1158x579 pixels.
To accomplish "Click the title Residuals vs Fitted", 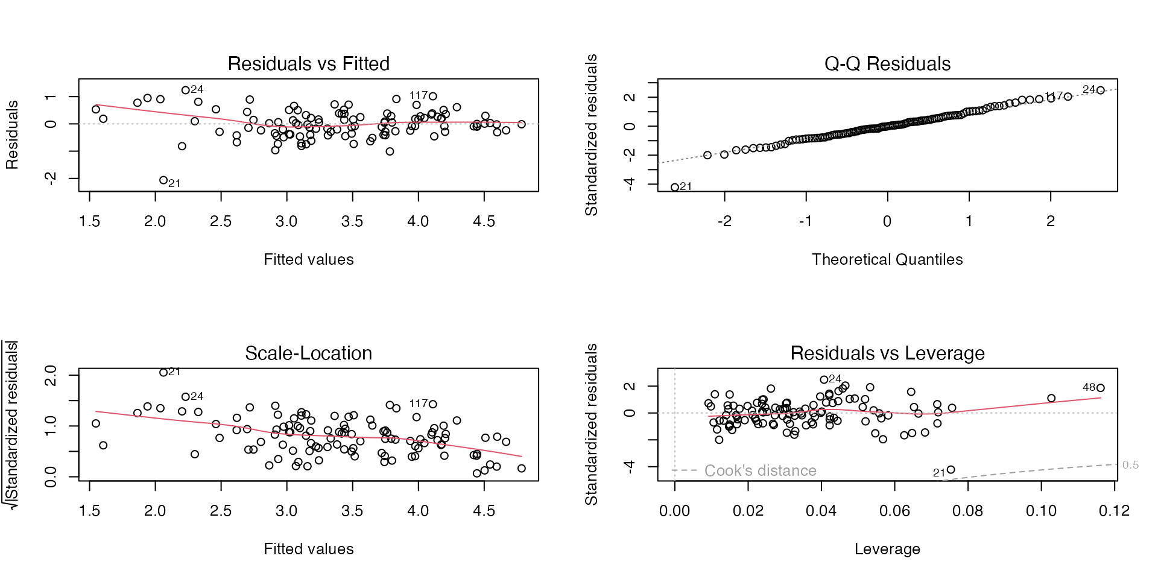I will tap(308, 63).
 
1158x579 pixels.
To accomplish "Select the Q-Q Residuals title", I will tap(887, 63).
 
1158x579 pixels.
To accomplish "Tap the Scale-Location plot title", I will tap(308, 353).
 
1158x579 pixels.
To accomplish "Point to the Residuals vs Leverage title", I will tap(887, 353).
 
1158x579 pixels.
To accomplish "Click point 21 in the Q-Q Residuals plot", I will tap(675, 187).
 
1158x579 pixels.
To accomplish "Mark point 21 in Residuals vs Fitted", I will tap(163, 180).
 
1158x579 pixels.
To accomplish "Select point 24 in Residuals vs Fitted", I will tap(186, 90).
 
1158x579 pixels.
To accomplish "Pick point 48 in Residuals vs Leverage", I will tap(1101, 388).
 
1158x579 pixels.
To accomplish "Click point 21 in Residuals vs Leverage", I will tap(951, 470).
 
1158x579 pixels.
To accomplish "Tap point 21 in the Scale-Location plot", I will tap(163, 373).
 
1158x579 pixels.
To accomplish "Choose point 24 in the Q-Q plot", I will tap(1101, 90).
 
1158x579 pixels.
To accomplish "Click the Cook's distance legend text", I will tap(760, 470).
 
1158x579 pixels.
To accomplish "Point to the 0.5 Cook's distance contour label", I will tap(1130, 465).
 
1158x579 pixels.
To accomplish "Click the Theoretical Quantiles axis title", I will tap(887, 259).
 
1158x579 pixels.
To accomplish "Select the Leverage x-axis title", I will tap(887, 549).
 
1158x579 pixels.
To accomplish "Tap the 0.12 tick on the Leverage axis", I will tap(1114, 511).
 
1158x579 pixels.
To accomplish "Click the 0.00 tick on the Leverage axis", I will tap(674, 511).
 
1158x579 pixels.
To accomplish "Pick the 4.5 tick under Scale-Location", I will tap(484, 511).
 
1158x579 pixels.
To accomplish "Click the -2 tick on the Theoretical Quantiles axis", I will tap(724, 221).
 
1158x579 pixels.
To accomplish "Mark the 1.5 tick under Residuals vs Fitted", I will tap(89, 221).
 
